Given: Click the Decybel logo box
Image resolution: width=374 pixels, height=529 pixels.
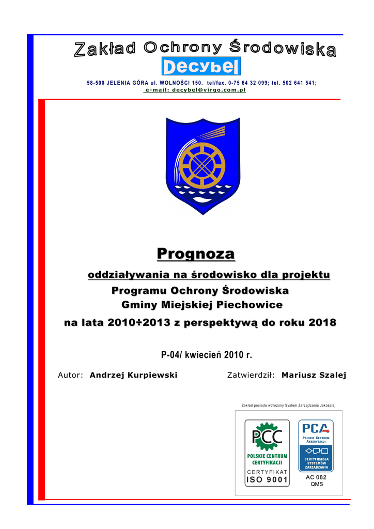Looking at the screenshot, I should pos(201,67).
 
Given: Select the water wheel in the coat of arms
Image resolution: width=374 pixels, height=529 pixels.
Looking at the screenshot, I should pos(199,165).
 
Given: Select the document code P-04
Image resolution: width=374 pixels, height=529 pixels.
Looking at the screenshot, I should pos(171,355).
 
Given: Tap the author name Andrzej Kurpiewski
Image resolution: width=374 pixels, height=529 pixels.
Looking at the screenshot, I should pos(133,375).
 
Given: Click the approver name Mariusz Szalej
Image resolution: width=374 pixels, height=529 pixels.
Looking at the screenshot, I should pos(314,375).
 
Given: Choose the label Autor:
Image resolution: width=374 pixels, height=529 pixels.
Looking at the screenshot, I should pos(70,375).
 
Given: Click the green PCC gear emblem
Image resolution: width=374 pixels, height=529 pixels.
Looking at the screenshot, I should pos(267,435).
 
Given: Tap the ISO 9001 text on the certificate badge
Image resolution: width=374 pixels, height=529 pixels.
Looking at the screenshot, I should pos(267,479).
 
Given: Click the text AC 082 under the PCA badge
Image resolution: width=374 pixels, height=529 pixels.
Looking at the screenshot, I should pos(316,477).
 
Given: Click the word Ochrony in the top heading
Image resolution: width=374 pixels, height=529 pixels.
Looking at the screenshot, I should pos(183,48).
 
